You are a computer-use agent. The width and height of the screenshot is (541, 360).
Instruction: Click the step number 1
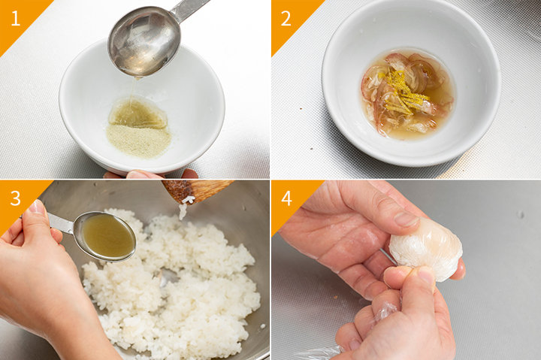coord(16,18)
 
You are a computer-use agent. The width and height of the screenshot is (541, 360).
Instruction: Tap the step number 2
coord(286,18)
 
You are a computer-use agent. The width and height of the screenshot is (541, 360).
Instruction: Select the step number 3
coord(16,198)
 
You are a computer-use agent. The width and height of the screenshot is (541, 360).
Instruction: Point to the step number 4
coord(287,198)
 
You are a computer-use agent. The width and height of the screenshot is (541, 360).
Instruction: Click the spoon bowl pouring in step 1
coord(144,41)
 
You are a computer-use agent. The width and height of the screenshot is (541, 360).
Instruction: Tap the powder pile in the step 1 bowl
coord(139,141)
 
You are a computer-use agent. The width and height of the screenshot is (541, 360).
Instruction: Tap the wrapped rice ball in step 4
coord(426,248)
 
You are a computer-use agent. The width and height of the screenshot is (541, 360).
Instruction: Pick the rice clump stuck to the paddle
coord(185,206)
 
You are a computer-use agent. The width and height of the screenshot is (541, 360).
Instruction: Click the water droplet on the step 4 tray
coord(521,215)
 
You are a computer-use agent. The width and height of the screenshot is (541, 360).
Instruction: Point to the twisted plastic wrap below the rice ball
coord(385,310)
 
